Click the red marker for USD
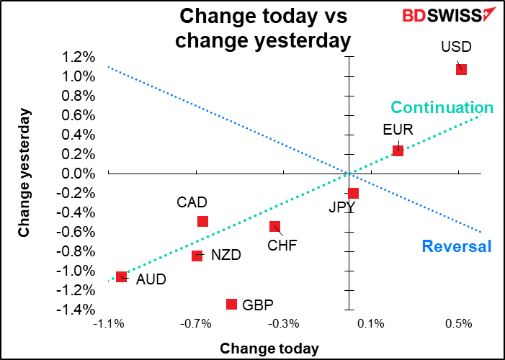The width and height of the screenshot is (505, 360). click(x=461, y=69)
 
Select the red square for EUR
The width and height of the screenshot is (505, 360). click(x=398, y=150)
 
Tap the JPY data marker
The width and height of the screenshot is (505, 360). click(x=353, y=193)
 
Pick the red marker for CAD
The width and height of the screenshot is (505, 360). click(x=202, y=221)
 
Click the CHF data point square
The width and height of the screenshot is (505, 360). click(x=274, y=226)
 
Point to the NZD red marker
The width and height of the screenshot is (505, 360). click(x=197, y=255)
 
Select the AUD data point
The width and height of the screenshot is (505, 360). click(x=121, y=276)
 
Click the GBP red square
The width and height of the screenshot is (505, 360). click(x=231, y=304)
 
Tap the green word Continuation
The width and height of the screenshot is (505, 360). click(x=442, y=108)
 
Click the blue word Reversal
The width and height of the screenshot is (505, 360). click(x=456, y=247)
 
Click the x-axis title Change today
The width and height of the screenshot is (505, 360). click(x=269, y=348)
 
